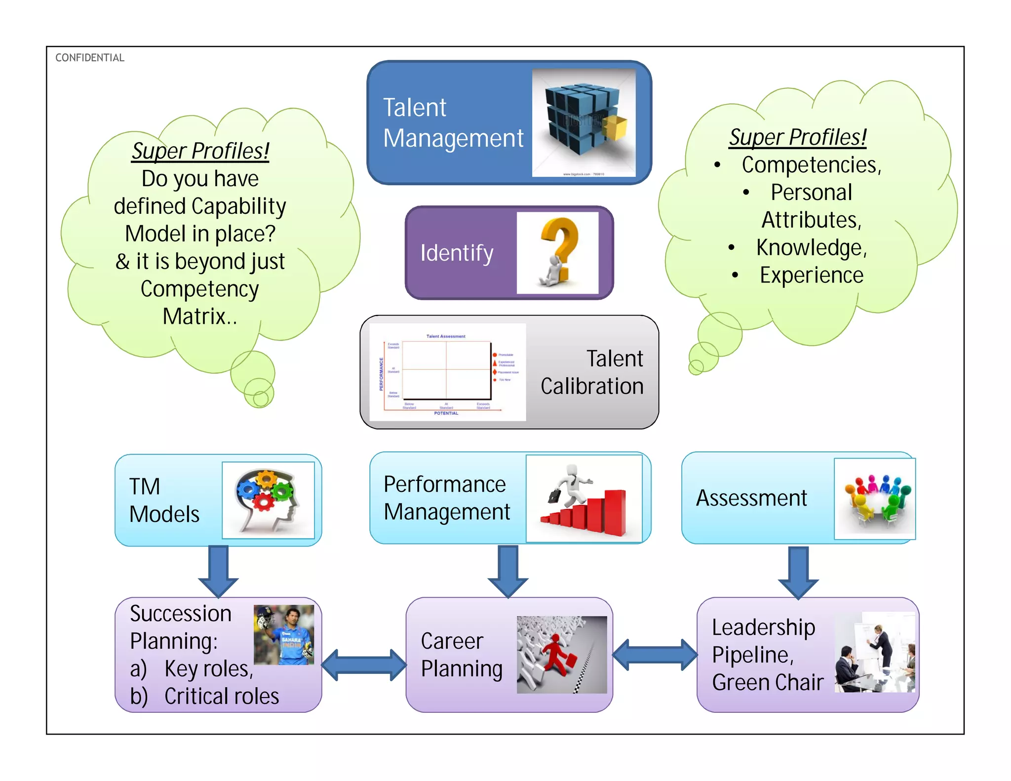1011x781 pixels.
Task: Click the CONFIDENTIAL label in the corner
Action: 89,58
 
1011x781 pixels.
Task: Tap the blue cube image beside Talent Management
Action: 583,122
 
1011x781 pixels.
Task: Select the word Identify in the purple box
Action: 457,253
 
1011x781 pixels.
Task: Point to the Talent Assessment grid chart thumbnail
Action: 447,372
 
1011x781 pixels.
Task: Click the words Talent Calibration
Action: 592,372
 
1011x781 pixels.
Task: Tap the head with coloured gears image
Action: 268,500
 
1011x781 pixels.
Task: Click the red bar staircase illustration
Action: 584,499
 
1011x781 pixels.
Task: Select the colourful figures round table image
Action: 874,499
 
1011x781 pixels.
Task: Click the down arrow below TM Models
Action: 218,570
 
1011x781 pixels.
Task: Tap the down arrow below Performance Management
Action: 508,570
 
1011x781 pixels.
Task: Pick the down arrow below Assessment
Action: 798,572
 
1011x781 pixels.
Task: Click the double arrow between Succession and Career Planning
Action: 364,664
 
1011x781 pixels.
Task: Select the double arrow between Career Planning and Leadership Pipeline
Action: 655,655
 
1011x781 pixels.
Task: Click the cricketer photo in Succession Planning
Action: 284,634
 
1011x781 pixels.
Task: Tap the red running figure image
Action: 562,655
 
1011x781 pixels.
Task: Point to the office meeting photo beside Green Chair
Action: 874,652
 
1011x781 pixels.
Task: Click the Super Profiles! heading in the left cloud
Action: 200,151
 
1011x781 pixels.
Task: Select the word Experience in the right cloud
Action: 811,275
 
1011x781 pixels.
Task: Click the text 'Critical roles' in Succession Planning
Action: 222,696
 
